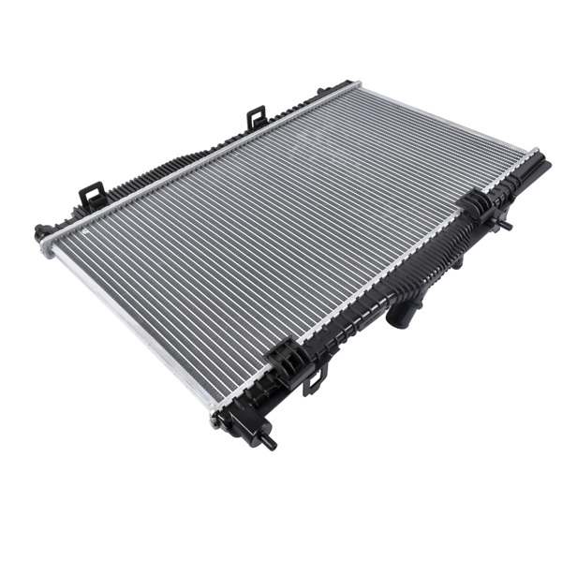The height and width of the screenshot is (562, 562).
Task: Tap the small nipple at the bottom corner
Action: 270,441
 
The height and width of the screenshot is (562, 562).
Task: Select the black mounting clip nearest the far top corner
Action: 257,118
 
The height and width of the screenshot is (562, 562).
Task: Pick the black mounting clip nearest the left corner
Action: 91,196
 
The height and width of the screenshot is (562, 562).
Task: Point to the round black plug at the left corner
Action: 40,232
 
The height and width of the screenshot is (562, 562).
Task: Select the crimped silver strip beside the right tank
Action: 375,281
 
